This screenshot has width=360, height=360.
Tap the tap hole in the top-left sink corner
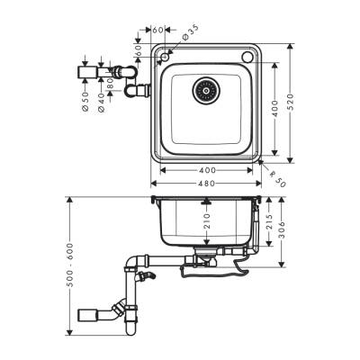(166, 56)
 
